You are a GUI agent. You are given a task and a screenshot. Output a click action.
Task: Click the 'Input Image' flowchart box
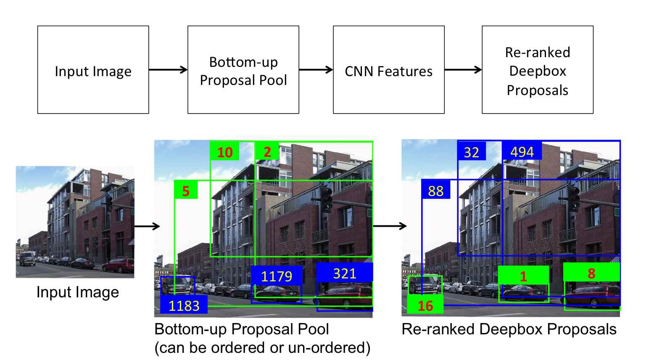(x=93, y=70)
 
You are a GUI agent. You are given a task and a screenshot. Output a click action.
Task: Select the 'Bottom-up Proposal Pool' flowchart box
(x=243, y=70)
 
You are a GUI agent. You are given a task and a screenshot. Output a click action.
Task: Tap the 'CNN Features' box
(x=388, y=70)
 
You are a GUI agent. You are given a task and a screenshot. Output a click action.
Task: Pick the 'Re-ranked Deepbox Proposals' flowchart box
(x=537, y=70)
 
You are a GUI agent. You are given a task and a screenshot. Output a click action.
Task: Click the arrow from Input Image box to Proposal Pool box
(x=168, y=70)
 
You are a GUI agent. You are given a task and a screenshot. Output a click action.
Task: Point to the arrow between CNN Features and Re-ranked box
(x=463, y=70)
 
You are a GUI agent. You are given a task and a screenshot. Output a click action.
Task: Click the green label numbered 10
(x=225, y=152)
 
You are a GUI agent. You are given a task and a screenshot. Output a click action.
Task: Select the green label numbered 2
(x=267, y=151)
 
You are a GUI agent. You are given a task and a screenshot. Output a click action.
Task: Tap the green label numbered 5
(x=186, y=191)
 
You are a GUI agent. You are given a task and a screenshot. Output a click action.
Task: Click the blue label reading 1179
(x=277, y=276)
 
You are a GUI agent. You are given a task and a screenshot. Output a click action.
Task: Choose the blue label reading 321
(x=345, y=273)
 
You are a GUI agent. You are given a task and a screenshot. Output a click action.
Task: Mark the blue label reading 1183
(x=184, y=305)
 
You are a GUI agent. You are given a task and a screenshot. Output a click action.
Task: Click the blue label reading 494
(x=522, y=151)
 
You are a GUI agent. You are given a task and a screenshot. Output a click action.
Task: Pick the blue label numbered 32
(x=471, y=152)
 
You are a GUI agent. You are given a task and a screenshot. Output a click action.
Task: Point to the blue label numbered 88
(x=435, y=191)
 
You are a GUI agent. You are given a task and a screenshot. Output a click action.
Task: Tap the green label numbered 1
(x=523, y=276)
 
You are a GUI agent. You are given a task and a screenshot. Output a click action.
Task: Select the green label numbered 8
(x=591, y=273)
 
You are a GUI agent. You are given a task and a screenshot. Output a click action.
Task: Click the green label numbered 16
(x=425, y=305)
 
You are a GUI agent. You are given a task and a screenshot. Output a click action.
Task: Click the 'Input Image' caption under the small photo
(x=77, y=292)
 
